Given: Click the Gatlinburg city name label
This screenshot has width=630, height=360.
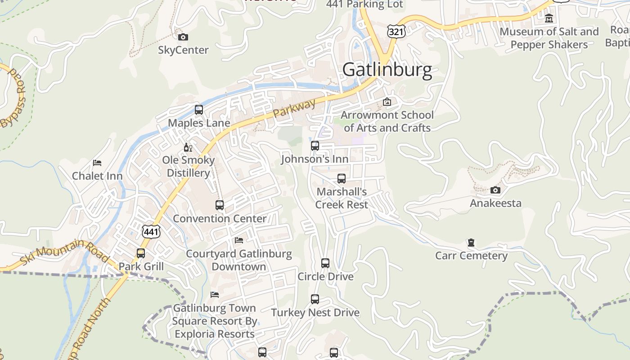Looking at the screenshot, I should pyautogui.click(x=387, y=70).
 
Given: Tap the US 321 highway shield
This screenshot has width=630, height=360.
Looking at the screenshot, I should pyautogui.click(x=396, y=31).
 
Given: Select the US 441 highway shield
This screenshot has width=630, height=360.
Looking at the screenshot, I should pyautogui.click(x=151, y=232).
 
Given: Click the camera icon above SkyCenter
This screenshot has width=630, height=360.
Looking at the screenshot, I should pyautogui.click(x=183, y=37).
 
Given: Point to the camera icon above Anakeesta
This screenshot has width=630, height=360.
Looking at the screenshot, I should pyautogui.click(x=495, y=190).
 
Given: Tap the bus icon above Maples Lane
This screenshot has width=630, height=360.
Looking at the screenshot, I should pyautogui.click(x=199, y=110).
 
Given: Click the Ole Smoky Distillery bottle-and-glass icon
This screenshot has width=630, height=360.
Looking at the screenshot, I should pyautogui.click(x=188, y=147).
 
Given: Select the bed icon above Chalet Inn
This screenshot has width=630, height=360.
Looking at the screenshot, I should pyautogui.click(x=97, y=162).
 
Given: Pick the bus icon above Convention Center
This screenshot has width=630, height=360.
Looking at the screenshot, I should pyautogui.click(x=220, y=205).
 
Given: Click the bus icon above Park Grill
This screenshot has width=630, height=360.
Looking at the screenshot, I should pyautogui.click(x=141, y=253).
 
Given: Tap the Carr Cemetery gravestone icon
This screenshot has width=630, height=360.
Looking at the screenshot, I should pyautogui.click(x=471, y=243).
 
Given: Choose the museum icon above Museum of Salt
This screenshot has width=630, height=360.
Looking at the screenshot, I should pyautogui.click(x=549, y=18).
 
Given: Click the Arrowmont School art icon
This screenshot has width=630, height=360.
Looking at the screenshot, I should pyautogui.click(x=387, y=102).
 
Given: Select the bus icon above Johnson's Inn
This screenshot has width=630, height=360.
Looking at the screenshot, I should pyautogui.click(x=315, y=146).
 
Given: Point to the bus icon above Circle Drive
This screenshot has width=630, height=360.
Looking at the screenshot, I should pyautogui.click(x=325, y=263).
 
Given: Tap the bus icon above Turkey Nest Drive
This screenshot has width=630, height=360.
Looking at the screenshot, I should pyautogui.click(x=315, y=299).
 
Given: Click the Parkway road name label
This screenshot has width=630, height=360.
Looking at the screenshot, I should pyautogui.click(x=294, y=108).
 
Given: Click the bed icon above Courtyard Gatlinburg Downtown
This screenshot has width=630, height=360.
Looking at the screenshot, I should pyautogui.click(x=239, y=240).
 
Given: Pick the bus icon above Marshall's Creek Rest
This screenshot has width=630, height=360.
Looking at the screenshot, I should pyautogui.click(x=342, y=179).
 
